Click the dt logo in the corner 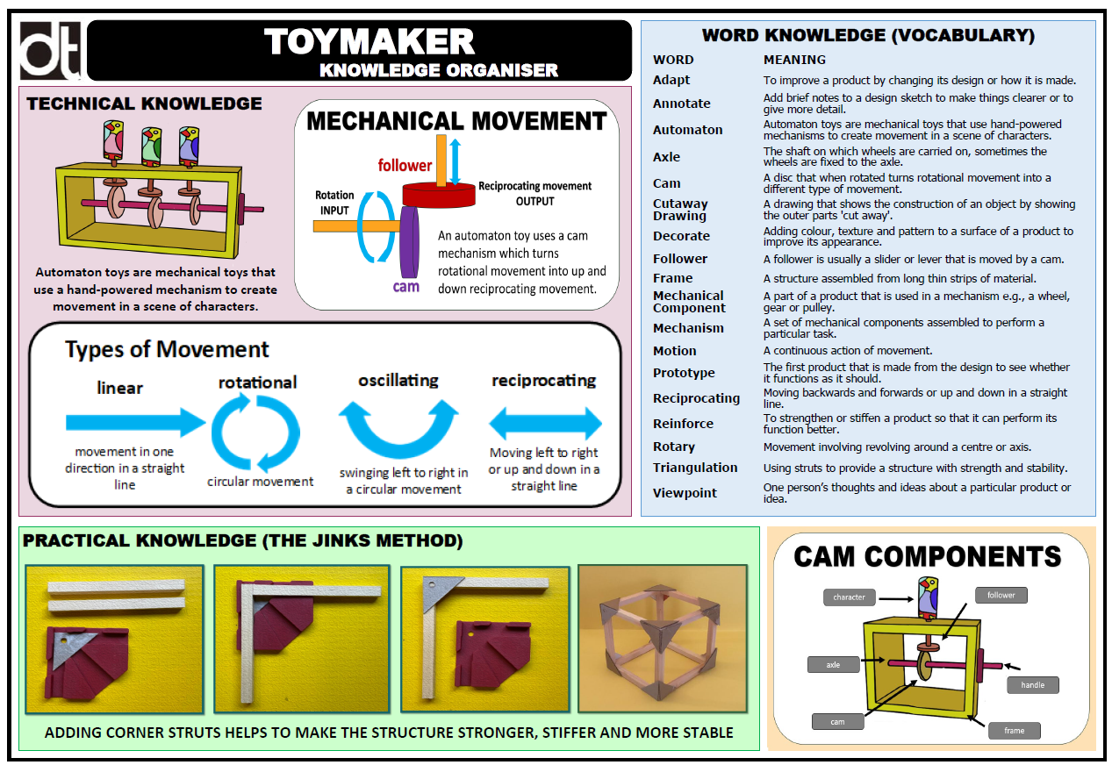coord(50,51)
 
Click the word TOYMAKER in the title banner coord(369,42)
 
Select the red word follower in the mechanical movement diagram coord(405,165)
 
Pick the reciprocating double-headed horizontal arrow coord(545,425)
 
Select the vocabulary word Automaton coord(687,130)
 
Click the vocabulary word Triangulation coord(694,468)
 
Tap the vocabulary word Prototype coord(684,373)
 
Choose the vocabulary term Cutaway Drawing coord(680,210)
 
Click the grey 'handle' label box coord(1033,685)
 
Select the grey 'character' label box coord(849,597)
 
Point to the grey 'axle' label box coord(833,665)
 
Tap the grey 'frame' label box coord(1014,730)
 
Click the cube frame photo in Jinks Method coord(662,638)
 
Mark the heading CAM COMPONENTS coord(927,556)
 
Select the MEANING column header coord(794,60)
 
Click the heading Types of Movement coord(167,349)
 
